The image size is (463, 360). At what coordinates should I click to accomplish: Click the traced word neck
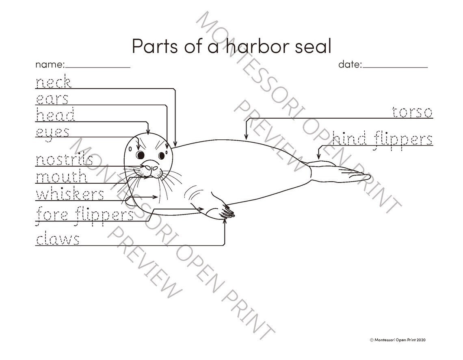point(54,82)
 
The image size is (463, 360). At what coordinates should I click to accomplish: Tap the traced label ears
point(52,99)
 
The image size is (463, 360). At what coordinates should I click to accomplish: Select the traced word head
point(56,115)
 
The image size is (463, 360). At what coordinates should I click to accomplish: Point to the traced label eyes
point(52,132)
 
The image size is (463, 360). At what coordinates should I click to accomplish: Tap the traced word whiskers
point(70,194)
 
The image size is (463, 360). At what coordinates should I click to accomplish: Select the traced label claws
point(58,239)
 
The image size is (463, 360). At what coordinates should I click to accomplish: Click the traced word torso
point(412,112)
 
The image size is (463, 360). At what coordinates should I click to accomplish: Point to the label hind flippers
point(382,139)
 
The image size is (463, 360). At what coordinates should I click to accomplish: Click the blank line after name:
point(98,67)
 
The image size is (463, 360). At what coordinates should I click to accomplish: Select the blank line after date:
point(395,67)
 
